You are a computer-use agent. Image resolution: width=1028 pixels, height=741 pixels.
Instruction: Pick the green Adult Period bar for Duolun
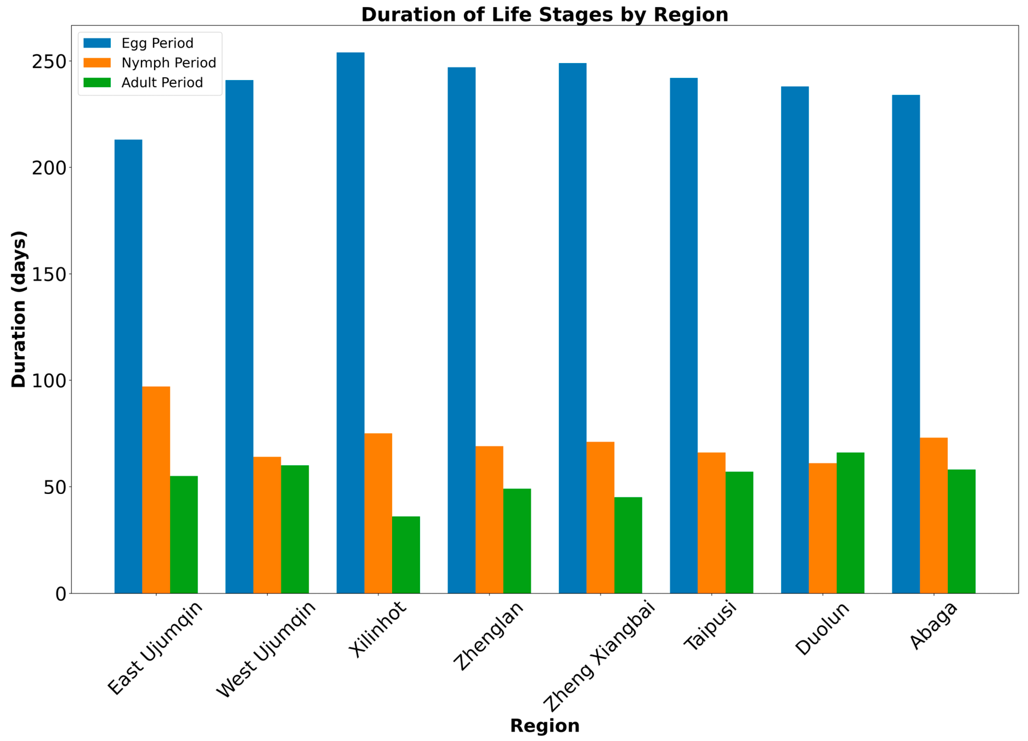[850, 523]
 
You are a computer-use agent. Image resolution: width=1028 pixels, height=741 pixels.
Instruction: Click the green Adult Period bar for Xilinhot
[406, 555]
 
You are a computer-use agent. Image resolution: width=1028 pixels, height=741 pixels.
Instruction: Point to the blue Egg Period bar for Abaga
[906, 344]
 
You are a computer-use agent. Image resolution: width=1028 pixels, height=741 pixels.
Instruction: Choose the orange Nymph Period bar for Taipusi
[712, 523]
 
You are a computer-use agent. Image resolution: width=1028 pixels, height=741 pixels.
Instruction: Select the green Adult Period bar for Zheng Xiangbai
[628, 545]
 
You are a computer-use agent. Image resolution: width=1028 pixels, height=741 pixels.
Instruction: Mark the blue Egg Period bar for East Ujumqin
[128, 366]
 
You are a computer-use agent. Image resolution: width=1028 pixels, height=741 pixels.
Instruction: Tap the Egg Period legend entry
[139, 43]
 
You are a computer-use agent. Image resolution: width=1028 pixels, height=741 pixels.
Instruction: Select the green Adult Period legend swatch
[97, 83]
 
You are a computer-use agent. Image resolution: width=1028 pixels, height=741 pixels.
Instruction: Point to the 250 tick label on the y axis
[49, 62]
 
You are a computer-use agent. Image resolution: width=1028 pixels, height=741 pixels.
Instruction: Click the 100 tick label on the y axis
[49, 381]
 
